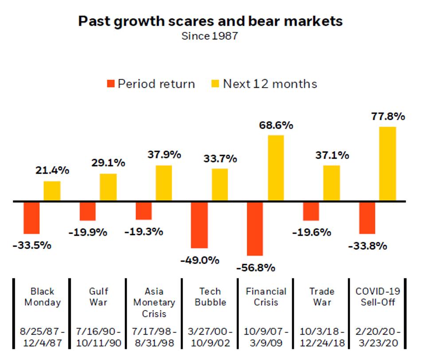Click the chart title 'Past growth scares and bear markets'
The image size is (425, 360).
210,21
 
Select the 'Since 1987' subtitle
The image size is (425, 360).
210,36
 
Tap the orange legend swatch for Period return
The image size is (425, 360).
111,84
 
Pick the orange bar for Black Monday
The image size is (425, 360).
31,217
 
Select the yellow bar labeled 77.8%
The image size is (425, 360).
387,164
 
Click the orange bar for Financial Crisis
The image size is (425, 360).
255,228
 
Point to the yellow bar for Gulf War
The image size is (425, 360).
108,187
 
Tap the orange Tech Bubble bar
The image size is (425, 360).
199,225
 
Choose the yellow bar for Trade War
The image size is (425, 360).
331,183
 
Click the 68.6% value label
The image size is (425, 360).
276,125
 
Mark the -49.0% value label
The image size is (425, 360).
199,260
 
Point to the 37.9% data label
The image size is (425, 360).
164,155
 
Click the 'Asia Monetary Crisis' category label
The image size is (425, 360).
154,302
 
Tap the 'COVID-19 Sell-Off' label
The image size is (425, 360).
378,297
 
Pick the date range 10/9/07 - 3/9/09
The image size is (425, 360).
266,337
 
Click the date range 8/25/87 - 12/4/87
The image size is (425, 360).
43,337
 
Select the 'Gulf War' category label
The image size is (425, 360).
98,297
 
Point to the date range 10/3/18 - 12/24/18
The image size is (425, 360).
322,337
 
